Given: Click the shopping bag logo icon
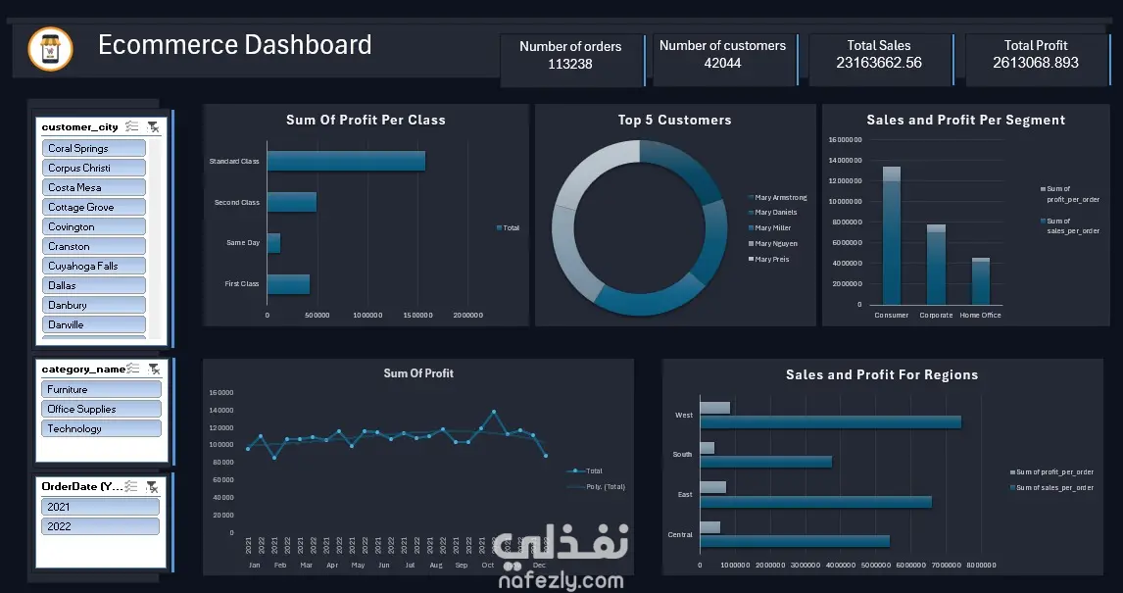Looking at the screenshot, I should tap(50, 49).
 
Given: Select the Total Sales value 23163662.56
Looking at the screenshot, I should tap(879, 64).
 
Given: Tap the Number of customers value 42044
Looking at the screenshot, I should tap(722, 64).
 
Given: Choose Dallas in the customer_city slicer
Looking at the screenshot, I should tap(93, 285).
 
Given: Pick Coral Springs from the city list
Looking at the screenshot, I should tap(93, 148).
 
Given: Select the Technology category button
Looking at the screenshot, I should tap(100, 428).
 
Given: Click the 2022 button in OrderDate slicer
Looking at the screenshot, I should tap(99, 526).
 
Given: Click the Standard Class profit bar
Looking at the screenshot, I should tap(346, 161).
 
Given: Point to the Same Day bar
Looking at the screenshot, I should tap(273, 242).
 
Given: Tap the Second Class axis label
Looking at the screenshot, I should tap(237, 203).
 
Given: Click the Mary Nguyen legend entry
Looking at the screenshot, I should tap(775, 244).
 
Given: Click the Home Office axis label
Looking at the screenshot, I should tap(980, 316).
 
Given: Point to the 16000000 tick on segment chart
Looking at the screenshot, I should tap(845, 139).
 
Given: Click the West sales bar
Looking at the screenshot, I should tap(830, 421).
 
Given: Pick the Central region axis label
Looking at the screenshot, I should tap(679, 535).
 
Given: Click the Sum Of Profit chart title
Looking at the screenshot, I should tap(418, 373).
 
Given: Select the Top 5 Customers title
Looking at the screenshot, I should tap(674, 121).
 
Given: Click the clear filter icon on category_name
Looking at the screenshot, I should tap(153, 370).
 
